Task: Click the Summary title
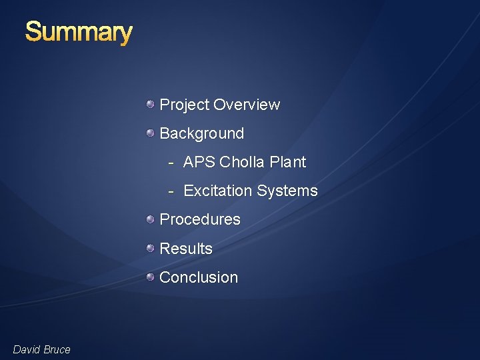click(79, 32)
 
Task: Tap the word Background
click(202, 134)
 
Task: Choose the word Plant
click(287, 162)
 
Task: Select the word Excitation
click(217, 191)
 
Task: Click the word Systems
click(287, 191)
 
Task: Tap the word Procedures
click(200, 219)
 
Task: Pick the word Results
click(186, 249)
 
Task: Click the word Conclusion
click(199, 277)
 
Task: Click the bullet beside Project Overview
click(151, 104)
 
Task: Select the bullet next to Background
click(151, 133)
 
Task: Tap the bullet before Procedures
click(151, 219)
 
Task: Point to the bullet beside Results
click(151, 247)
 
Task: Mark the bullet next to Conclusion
click(151, 276)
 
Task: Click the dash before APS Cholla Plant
click(171, 163)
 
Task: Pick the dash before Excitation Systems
click(171, 191)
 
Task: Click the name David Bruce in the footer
click(41, 349)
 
